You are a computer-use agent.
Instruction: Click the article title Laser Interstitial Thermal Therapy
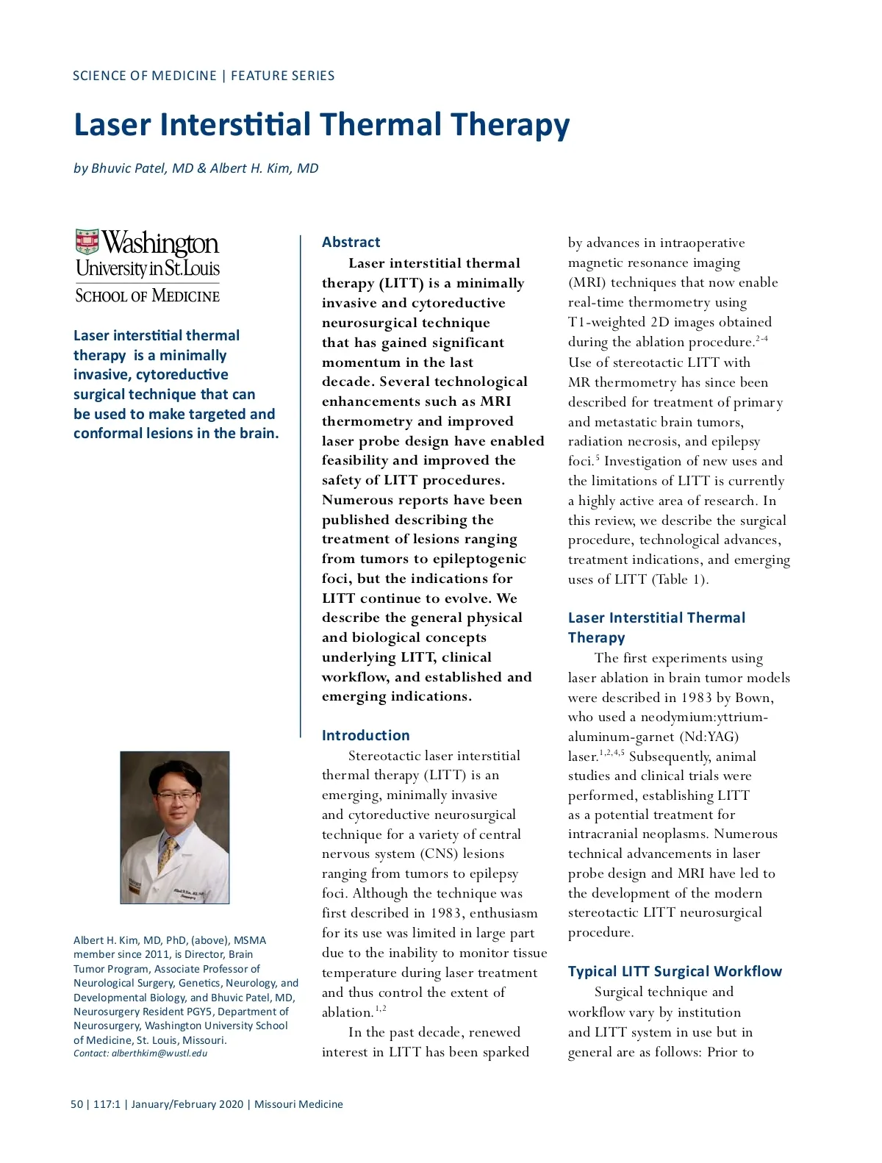321,124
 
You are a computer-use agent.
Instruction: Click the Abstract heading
351,242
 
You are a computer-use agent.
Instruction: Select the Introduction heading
365,735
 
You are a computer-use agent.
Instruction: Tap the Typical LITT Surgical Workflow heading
675,971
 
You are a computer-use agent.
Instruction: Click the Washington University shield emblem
87,242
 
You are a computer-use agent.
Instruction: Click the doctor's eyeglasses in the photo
176,794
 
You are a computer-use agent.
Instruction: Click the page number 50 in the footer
77,1104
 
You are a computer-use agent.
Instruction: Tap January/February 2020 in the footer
187,1104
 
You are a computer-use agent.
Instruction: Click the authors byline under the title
196,168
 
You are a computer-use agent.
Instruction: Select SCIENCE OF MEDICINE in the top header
145,76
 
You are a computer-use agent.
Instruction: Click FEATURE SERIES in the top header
283,76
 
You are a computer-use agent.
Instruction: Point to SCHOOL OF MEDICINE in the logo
147,296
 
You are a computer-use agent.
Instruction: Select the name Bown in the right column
752,698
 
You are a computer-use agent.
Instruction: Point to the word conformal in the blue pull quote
104,433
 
